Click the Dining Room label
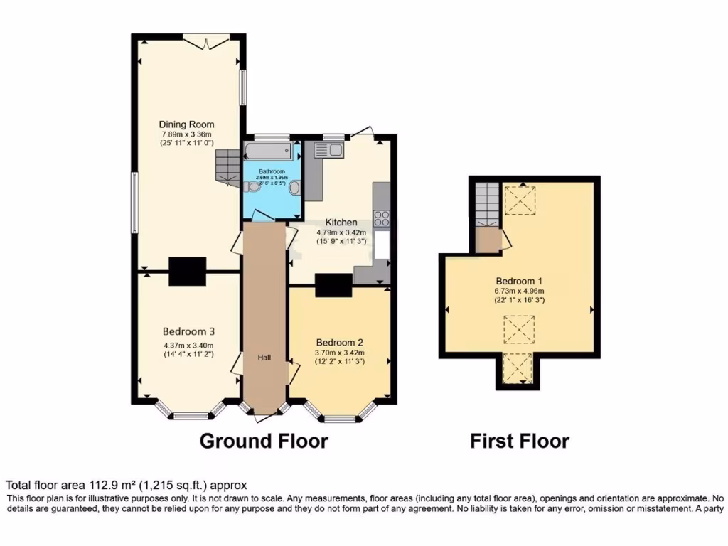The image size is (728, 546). pos(186,124)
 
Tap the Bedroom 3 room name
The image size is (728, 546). pos(188,331)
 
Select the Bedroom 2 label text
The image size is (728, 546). pos(340,339)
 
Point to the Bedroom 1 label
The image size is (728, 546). pos(520,279)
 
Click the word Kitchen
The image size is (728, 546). pos(341,223)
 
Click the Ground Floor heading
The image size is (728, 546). pos(264,441)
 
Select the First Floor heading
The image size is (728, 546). pos(519,441)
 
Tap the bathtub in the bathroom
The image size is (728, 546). pos(268,151)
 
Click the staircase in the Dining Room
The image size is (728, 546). pos(228,166)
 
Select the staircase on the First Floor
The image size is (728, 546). pos(487,204)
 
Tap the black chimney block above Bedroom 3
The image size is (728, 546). pos(188,271)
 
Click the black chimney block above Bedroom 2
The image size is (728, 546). pos(333,285)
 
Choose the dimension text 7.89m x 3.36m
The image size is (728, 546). pos(186,134)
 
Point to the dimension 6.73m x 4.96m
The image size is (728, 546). pos(520,289)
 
